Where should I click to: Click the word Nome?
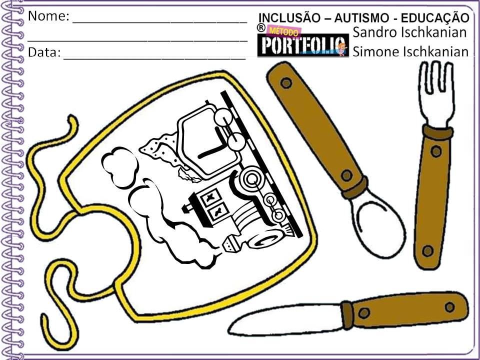pos(48,16)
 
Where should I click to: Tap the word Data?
pos(43,52)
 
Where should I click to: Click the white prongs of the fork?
pos(434,95)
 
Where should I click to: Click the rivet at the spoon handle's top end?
pos(285,82)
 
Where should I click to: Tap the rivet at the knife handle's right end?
pos(449,305)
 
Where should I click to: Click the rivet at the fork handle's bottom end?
pos(426,251)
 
